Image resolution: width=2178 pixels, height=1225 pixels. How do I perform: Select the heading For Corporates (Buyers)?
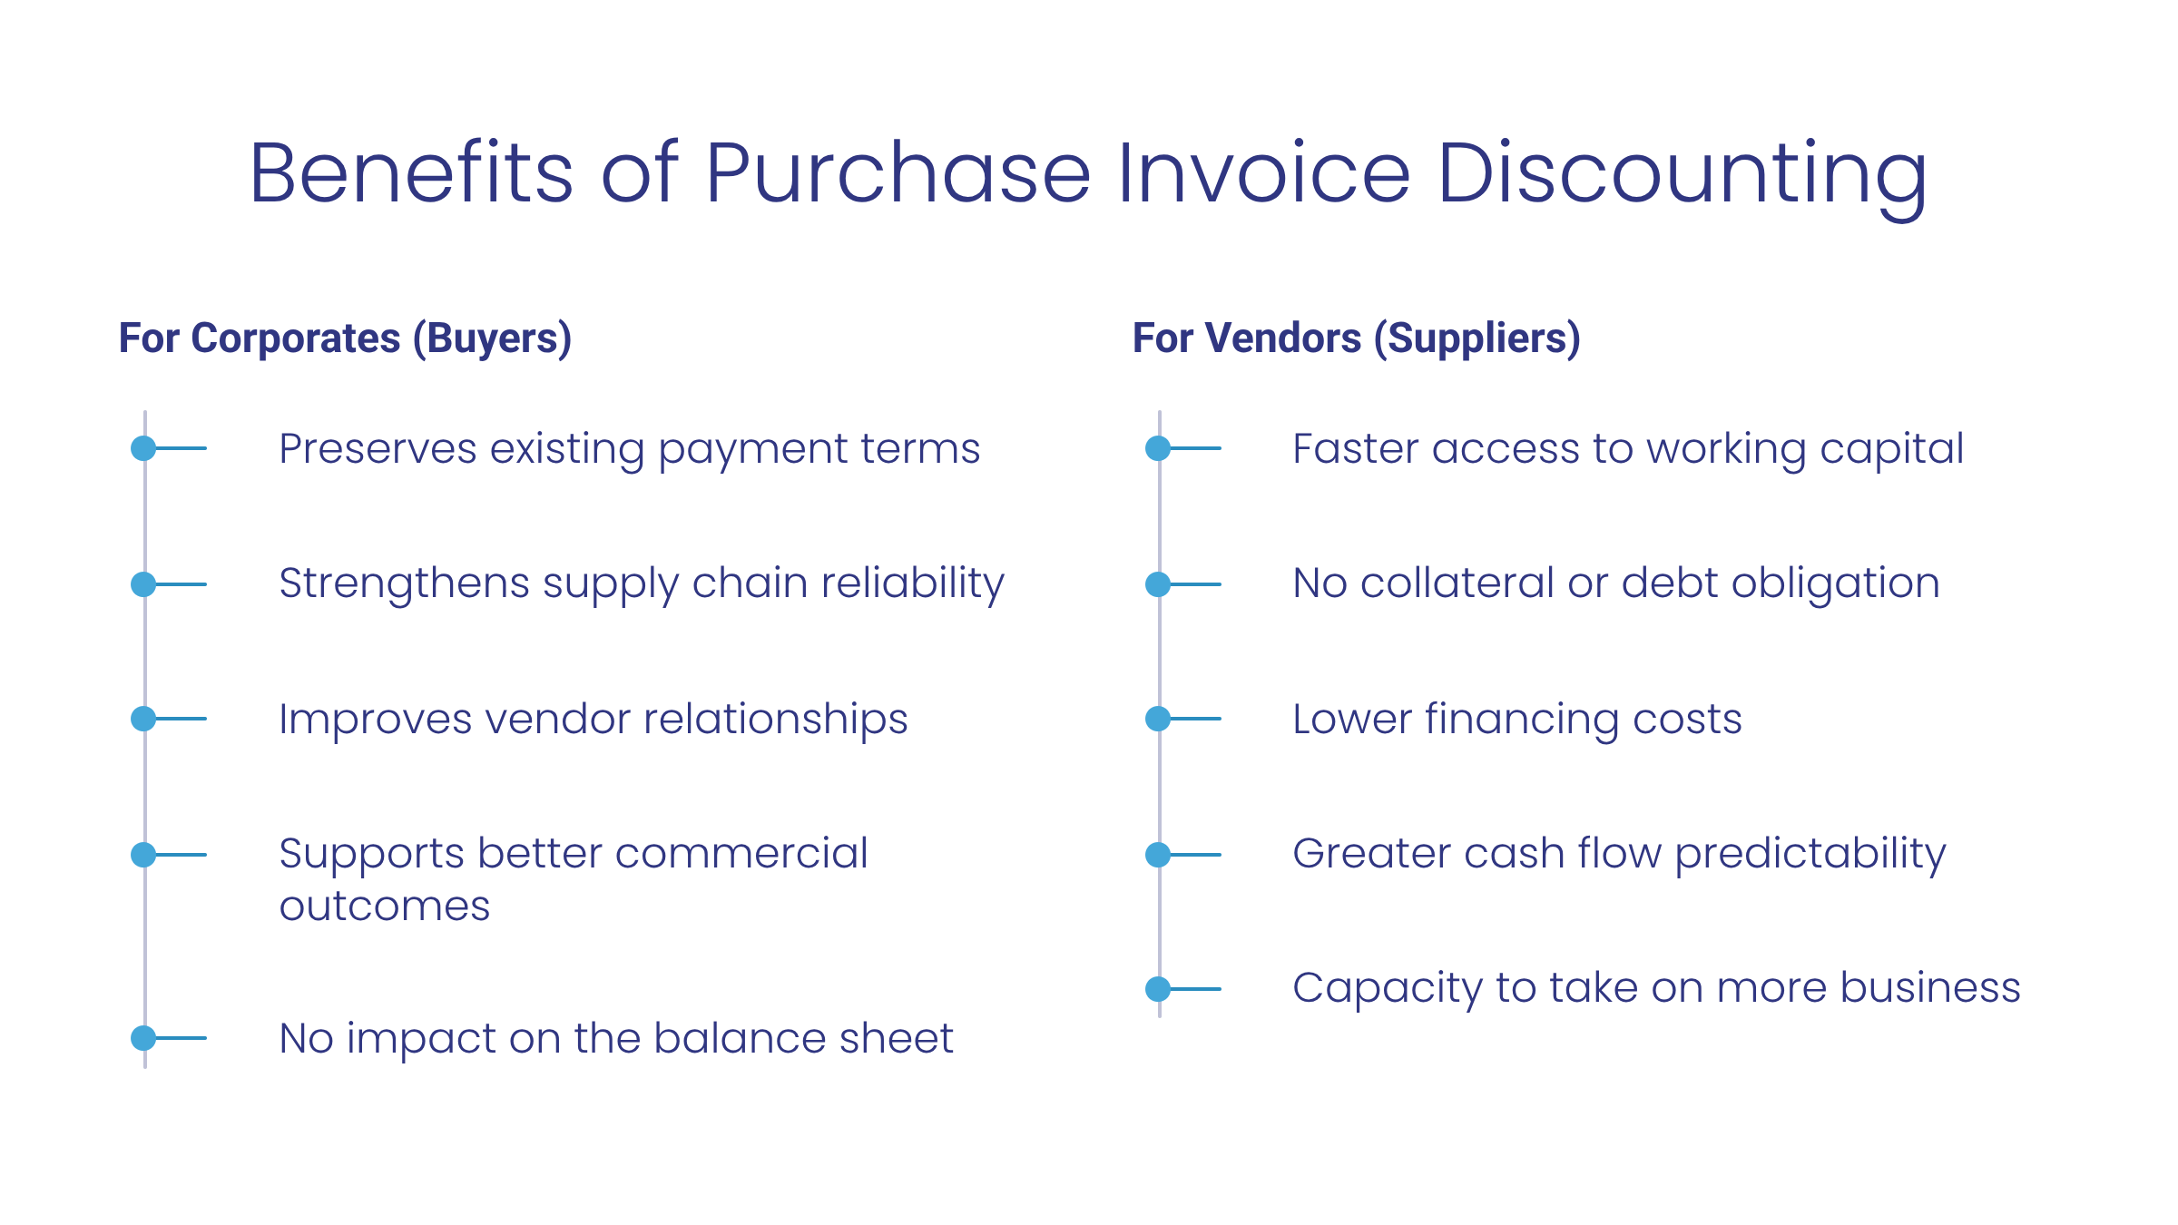345,338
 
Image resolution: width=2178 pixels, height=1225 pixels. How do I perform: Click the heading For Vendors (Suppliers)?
1356,338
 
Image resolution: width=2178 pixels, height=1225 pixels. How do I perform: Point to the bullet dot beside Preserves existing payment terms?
143,448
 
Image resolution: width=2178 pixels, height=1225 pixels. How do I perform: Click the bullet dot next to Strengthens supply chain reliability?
143,584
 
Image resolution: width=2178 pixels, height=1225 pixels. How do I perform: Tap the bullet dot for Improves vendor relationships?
143,719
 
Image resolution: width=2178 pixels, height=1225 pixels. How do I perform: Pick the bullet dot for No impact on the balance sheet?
143,1038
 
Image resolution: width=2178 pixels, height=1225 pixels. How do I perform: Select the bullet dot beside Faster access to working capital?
1158,448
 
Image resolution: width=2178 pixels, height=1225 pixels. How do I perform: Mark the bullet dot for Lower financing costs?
1158,719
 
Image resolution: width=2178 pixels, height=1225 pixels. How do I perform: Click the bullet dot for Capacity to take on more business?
1158,989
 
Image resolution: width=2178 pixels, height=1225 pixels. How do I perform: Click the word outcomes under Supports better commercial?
384,906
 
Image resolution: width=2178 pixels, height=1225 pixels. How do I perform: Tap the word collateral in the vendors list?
1457,583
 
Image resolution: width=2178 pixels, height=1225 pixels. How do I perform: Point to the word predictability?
1810,855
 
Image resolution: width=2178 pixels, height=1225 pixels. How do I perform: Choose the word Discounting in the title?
1682,174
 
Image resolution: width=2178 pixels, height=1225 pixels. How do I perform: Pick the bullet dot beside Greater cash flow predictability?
1158,855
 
